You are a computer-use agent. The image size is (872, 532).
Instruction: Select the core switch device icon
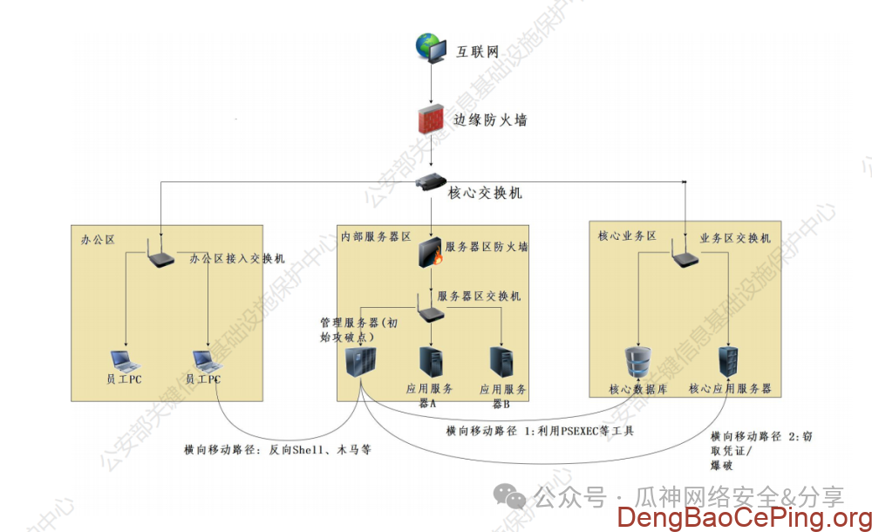coord(432,182)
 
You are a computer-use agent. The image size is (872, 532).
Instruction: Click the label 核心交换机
coord(485,193)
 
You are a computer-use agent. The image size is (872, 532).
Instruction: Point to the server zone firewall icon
coord(432,250)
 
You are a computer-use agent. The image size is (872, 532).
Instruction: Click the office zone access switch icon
coord(160,256)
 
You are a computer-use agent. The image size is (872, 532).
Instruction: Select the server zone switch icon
coord(430,309)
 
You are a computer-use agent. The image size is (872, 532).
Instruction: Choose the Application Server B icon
coord(502,363)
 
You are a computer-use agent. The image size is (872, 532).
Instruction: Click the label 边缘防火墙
coord(489,119)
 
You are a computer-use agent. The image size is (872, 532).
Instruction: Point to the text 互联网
coord(478,51)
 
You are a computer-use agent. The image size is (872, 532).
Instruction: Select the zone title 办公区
coord(98,238)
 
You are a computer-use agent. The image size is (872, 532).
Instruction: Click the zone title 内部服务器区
coord(376,236)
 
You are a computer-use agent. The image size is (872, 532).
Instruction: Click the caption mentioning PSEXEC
coord(540,431)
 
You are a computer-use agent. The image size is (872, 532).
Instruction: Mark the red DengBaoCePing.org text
coord(743,517)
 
